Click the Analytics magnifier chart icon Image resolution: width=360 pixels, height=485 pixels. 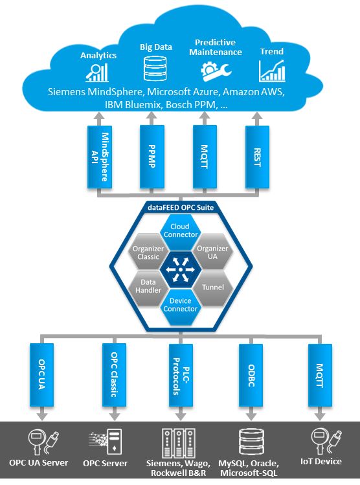(97, 73)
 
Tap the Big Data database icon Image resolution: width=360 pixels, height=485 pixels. (155, 69)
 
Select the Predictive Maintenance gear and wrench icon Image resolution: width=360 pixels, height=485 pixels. (216, 71)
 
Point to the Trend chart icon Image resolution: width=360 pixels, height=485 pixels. (272, 71)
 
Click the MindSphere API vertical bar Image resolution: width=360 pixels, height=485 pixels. (100, 157)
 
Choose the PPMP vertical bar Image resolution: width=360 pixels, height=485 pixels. (152, 157)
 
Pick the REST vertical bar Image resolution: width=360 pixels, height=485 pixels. (257, 157)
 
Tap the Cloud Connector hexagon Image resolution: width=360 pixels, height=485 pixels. (180, 231)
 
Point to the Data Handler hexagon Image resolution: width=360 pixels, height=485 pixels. (148, 288)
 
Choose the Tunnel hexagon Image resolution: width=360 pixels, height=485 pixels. (212, 288)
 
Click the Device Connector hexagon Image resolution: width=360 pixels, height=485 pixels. (180, 306)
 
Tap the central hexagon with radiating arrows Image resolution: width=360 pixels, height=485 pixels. (180, 269)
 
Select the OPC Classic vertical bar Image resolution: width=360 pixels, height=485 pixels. (114, 375)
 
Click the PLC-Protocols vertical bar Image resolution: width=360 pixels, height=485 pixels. (181, 375)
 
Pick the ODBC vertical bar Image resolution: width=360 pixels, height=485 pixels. (251, 375)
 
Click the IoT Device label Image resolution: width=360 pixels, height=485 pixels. (321, 462)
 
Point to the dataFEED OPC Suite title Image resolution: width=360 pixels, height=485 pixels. (181, 207)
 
